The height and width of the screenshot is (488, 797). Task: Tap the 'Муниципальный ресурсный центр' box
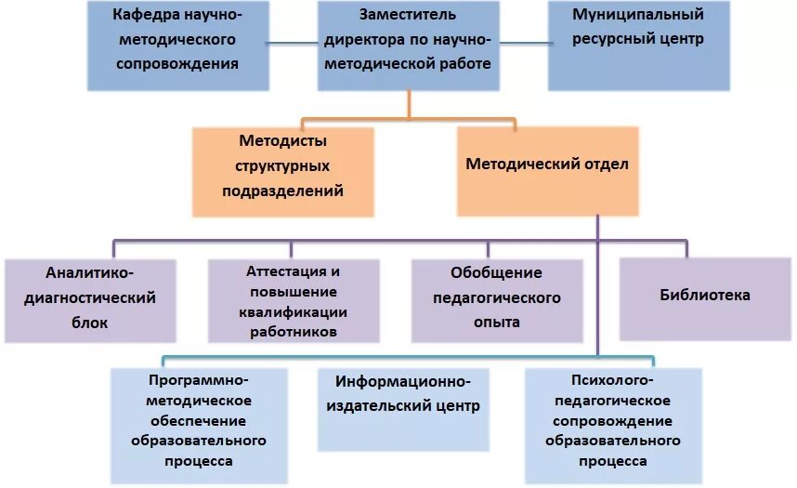(x=637, y=45)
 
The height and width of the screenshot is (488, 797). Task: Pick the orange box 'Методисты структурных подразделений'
(x=282, y=172)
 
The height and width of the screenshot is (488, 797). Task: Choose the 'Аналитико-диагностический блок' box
(x=89, y=300)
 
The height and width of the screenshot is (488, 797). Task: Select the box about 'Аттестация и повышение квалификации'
(x=293, y=300)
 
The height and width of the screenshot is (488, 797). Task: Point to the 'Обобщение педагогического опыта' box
(x=496, y=300)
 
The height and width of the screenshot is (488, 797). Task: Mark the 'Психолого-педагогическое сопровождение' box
(x=613, y=423)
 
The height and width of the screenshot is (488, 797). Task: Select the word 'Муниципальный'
(x=637, y=15)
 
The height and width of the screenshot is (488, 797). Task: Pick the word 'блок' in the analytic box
(x=89, y=323)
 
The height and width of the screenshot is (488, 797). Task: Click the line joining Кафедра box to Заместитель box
(x=294, y=42)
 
